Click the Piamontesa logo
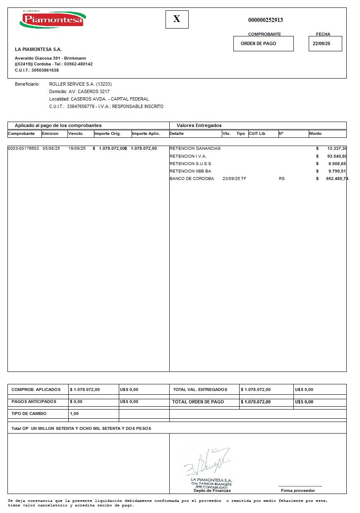click(x=53, y=19)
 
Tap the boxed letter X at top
click(x=177, y=19)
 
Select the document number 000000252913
click(x=265, y=20)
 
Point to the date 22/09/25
click(x=321, y=43)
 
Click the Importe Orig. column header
click(x=108, y=134)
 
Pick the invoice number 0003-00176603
click(x=23, y=149)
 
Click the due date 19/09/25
click(x=77, y=149)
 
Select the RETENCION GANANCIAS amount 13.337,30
click(x=337, y=149)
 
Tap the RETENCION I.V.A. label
click(x=188, y=156)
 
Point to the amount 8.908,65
click(x=337, y=164)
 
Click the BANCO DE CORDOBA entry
click(x=192, y=179)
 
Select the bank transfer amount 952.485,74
click(x=337, y=179)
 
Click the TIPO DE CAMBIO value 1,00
click(x=74, y=414)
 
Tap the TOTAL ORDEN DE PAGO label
click(x=198, y=402)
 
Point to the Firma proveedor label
click(x=298, y=491)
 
